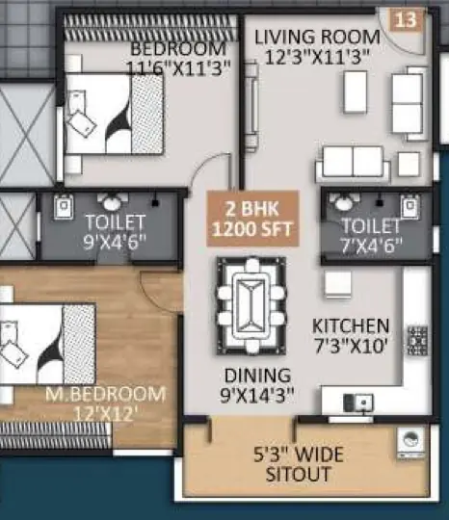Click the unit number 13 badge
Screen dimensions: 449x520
406,19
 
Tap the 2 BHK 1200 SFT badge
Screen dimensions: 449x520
252,219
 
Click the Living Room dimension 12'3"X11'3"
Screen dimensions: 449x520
318,58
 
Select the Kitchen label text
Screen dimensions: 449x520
351,325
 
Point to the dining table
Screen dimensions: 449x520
251,306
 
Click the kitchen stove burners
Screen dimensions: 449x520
417,341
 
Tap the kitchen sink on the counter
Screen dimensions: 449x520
358,403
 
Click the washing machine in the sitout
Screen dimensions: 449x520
410,443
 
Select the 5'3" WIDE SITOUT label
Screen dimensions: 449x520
299,464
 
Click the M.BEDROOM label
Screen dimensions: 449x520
105,394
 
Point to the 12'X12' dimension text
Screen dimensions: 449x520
104,413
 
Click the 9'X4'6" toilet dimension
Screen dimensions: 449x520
115,242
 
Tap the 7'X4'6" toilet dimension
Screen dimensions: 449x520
371,246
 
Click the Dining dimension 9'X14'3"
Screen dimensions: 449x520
257,395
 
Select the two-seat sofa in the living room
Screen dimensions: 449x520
353,164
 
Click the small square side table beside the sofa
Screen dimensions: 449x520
409,164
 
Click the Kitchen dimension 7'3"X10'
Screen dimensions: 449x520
351,347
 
